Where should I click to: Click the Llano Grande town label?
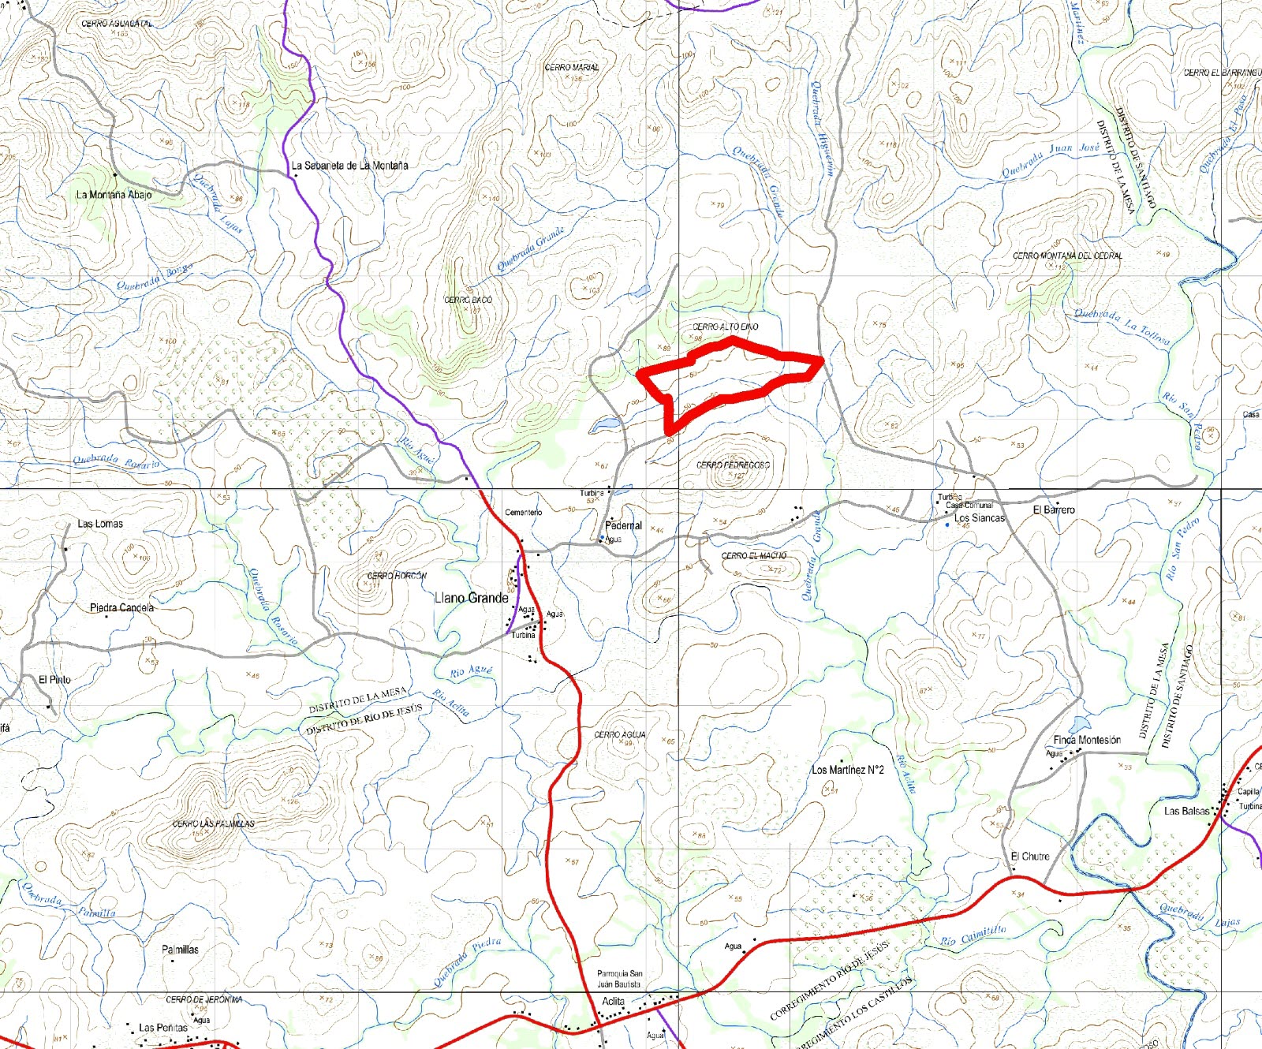coord(472,598)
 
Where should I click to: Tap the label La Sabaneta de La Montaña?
coord(349,166)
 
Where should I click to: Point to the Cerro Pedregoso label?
coord(733,465)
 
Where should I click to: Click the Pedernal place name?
coord(623,525)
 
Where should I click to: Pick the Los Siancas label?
coord(979,518)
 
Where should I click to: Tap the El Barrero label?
coord(1054,510)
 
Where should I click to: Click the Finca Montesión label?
coord(1087,740)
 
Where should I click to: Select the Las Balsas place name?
coord(1186,811)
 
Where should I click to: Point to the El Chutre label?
coord(1030,857)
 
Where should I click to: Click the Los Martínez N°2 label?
coord(848,770)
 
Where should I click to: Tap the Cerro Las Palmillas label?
coord(214,823)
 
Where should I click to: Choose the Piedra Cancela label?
coord(121,608)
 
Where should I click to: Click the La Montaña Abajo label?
coord(114,194)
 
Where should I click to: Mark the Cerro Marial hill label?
coord(572,68)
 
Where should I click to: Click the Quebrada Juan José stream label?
coord(1051,160)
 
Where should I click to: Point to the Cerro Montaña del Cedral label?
coord(1067,256)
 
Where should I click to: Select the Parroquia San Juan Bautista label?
coord(619,979)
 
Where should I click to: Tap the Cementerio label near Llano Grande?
coord(523,513)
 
